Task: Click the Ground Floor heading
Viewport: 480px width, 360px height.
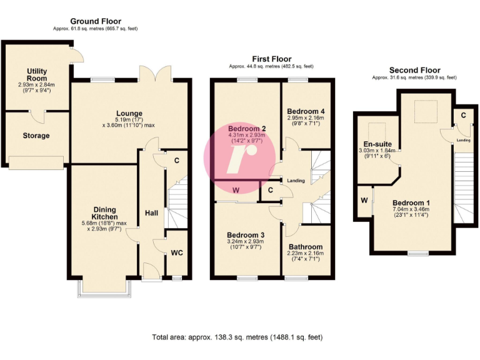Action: (x=96, y=21)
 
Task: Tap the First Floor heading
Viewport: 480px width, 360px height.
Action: (x=271, y=57)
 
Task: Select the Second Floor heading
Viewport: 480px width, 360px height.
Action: (x=414, y=70)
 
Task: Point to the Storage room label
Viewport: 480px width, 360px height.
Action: (x=36, y=136)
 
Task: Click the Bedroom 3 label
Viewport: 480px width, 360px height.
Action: (x=246, y=234)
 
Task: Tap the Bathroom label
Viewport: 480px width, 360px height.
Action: (x=305, y=247)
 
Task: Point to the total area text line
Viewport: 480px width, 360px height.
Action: (x=237, y=337)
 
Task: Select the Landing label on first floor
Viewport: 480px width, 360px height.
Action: (x=295, y=181)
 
